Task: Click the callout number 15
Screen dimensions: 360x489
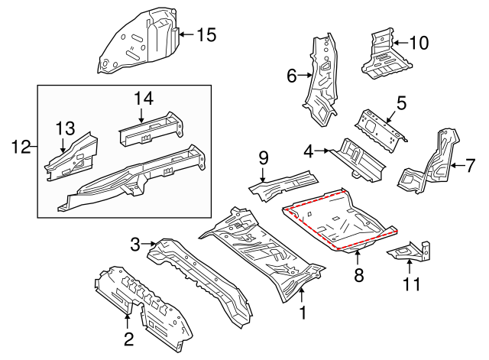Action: click(206, 34)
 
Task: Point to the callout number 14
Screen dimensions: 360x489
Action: click(144, 98)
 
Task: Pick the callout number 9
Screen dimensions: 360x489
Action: click(264, 157)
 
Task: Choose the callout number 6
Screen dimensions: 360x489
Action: click(291, 76)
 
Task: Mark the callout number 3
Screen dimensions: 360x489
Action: click(135, 245)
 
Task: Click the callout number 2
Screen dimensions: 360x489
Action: click(128, 338)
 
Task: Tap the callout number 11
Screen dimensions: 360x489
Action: click(412, 285)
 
